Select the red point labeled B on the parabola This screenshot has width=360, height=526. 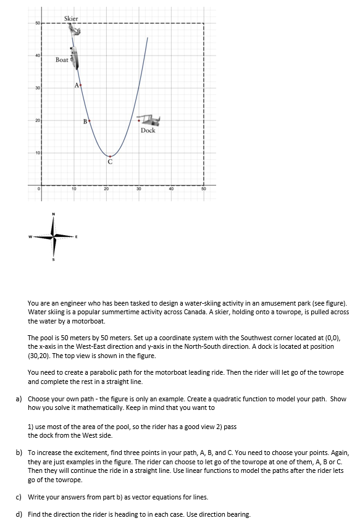point(90,121)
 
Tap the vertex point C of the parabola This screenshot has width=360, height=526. point(110,156)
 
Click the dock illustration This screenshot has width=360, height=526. point(148,120)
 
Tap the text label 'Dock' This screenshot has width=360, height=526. point(148,130)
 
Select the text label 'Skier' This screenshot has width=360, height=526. point(71,19)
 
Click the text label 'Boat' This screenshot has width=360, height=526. point(62,60)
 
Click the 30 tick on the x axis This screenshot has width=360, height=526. point(139,189)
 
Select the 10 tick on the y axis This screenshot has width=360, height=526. point(38,152)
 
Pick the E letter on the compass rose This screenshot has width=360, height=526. point(77,236)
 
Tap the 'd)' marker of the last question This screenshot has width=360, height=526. point(19,514)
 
